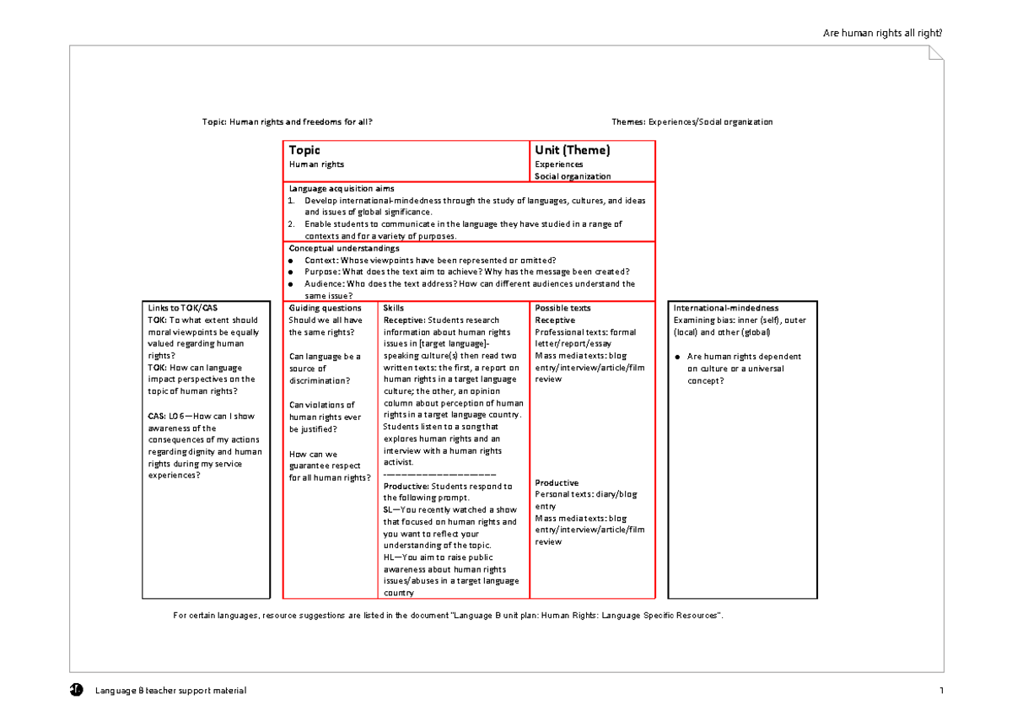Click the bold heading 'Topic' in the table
click(304, 150)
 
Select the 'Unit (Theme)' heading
click(573, 150)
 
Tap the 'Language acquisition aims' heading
click(342, 188)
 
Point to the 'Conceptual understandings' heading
click(344, 249)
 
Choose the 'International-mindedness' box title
click(725, 308)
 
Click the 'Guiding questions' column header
click(325, 308)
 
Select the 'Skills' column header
click(394, 308)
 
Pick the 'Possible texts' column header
click(563, 308)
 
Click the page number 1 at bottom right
click(940, 691)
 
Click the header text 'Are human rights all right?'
click(883, 33)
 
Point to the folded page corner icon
click(936, 53)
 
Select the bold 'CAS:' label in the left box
click(157, 416)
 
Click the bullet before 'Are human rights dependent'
click(677, 357)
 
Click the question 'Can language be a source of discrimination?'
click(326, 369)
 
